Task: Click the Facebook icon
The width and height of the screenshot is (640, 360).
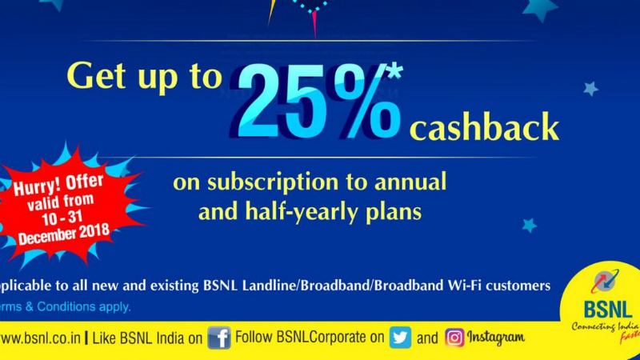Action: click(218, 338)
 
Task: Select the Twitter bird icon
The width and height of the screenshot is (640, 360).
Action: click(401, 338)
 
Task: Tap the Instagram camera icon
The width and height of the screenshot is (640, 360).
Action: click(454, 338)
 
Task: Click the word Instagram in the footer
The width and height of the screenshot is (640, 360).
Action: click(495, 338)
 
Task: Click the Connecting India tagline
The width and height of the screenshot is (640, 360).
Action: click(602, 327)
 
